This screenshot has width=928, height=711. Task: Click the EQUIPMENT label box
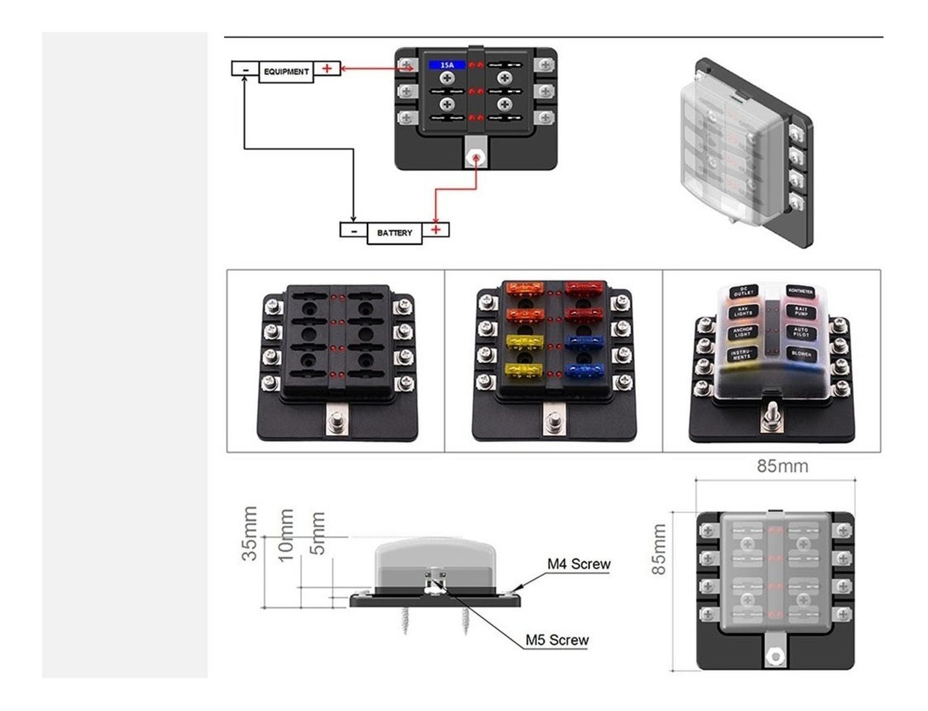point(286,72)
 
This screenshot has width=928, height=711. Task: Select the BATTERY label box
point(394,233)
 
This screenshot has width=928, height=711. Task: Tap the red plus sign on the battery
point(436,229)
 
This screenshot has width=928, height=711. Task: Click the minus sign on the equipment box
point(246,70)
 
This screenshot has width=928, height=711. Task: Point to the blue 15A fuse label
point(447,65)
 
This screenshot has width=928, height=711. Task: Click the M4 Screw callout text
point(578,564)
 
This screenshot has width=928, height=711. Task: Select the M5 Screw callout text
point(557,640)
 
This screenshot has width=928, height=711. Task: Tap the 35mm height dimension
point(249,534)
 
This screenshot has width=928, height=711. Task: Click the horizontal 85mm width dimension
point(782,466)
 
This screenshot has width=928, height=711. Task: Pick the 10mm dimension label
point(285,535)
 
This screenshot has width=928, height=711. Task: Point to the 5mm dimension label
point(317,533)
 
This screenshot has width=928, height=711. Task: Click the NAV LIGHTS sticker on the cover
point(742,312)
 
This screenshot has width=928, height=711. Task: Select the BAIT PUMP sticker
point(801,311)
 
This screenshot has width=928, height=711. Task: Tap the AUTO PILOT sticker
point(801,333)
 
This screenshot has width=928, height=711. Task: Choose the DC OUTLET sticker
point(744,291)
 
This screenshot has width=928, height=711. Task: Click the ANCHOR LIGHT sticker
point(742,333)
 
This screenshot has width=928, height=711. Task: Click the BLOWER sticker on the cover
point(801,354)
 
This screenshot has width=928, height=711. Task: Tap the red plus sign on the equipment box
point(327,69)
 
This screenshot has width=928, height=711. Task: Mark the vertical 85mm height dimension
point(659,549)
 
